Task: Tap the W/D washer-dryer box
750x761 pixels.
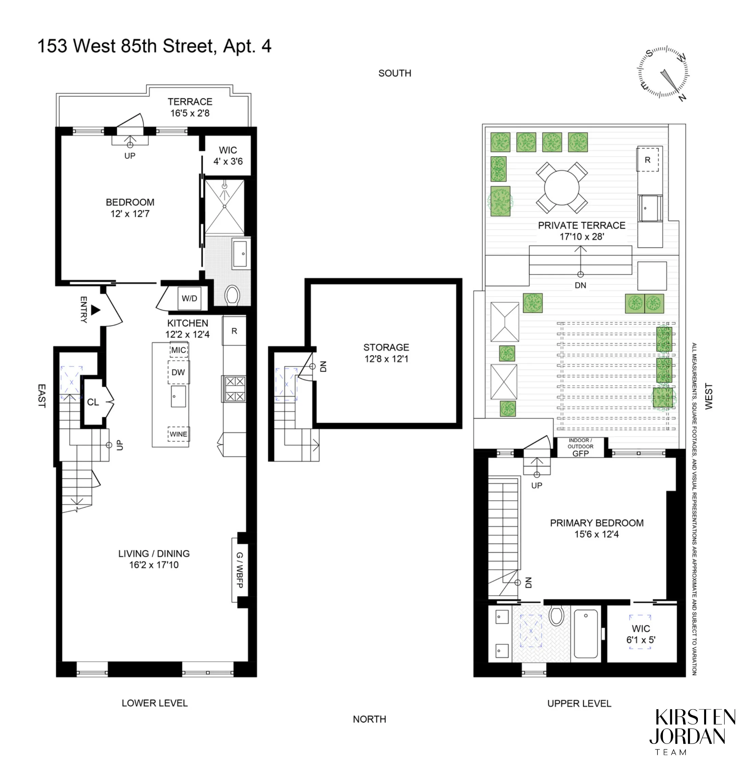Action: (189, 298)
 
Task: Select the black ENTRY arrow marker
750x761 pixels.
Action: (95, 310)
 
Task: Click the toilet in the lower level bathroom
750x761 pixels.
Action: (232, 295)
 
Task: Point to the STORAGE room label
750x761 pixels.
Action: (386, 347)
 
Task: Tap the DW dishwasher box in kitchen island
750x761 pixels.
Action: (179, 372)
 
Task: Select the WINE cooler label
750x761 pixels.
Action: (179, 434)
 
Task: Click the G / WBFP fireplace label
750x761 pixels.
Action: (240, 570)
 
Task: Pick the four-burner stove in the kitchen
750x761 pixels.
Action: (235, 389)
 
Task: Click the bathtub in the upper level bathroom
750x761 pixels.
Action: (586, 634)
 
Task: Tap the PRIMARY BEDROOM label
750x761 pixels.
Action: (596, 523)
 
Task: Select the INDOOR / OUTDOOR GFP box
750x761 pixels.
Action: (580, 447)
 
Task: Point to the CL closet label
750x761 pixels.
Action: (93, 402)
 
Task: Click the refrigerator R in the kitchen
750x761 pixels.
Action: (234, 331)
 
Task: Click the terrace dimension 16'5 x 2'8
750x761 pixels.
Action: (190, 113)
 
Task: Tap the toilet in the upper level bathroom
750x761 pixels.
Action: (556, 616)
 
